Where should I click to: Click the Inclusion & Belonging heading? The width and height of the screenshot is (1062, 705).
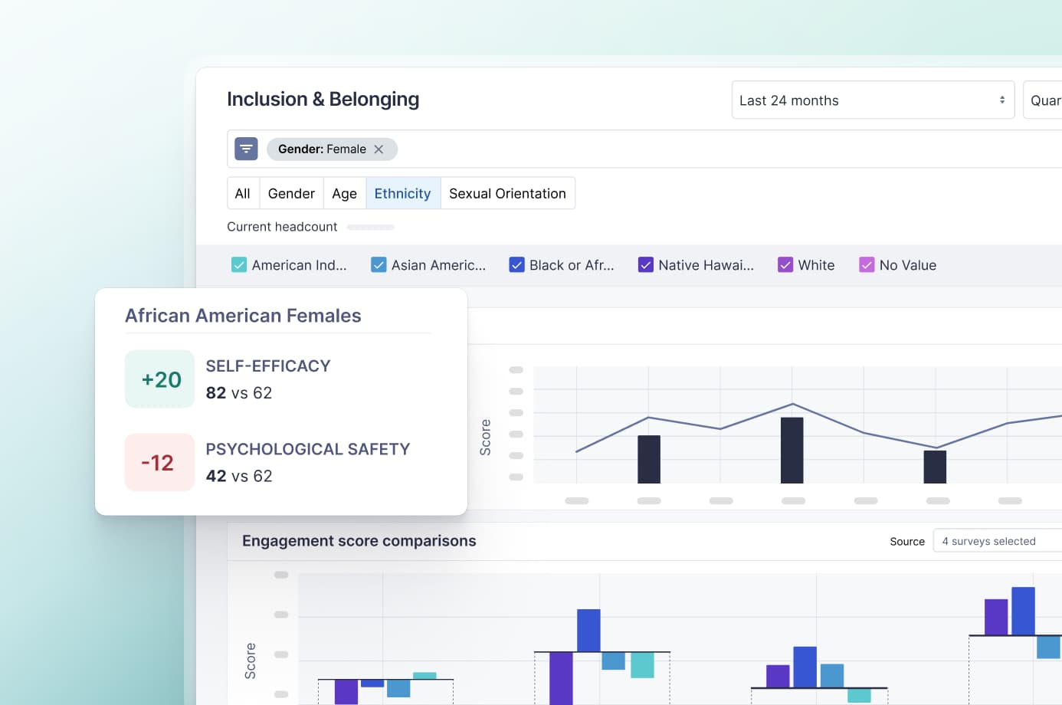point(323,100)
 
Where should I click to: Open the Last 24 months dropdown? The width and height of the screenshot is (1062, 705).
point(872,100)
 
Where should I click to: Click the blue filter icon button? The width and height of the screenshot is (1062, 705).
point(246,149)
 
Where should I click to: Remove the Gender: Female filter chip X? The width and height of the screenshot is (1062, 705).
point(379,149)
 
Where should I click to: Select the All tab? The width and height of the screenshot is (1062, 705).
point(242,194)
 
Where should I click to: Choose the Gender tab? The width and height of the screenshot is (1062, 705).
point(291,194)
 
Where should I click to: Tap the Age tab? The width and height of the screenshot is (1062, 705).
point(344,194)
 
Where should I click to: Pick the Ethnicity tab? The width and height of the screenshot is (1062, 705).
point(402,194)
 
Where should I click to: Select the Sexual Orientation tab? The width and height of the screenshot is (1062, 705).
point(507,194)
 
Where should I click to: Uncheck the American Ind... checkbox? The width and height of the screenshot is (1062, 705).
point(239,265)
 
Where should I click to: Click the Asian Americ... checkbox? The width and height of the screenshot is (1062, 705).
point(379,265)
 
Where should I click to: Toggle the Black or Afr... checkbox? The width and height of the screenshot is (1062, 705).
point(516,265)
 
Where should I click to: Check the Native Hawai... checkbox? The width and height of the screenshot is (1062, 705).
point(646,265)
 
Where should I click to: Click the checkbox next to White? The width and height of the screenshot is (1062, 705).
point(785,265)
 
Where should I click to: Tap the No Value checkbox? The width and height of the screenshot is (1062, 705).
point(867,265)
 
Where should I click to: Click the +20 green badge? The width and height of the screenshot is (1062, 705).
point(160,379)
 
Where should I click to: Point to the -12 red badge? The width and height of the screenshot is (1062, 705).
point(159,463)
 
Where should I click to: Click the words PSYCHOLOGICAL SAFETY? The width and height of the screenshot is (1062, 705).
point(307,449)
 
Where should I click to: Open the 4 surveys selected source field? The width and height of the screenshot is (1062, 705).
point(996,541)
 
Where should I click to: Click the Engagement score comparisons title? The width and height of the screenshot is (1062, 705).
point(359,541)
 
